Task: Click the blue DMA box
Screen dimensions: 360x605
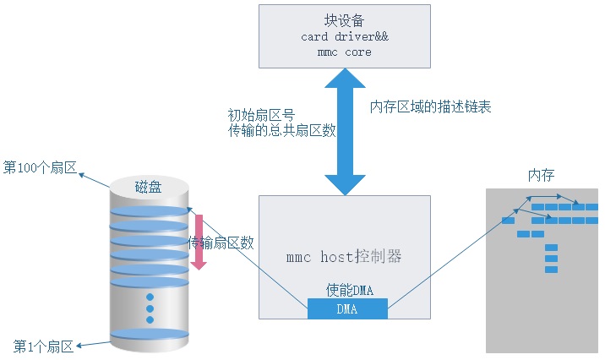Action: tap(346, 309)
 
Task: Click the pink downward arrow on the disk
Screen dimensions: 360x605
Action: tap(199, 241)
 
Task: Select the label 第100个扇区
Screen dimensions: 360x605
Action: tap(40, 167)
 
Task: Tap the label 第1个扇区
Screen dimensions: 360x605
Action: tap(44, 346)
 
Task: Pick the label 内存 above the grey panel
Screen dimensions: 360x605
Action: tap(542, 175)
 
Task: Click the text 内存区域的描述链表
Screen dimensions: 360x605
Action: tap(431, 107)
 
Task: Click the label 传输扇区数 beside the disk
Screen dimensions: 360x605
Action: tap(221, 243)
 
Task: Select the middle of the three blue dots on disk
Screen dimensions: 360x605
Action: tap(150, 308)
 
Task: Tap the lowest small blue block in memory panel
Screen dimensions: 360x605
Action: tap(551, 270)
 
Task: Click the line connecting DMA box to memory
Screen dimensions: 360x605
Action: tap(439, 262)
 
